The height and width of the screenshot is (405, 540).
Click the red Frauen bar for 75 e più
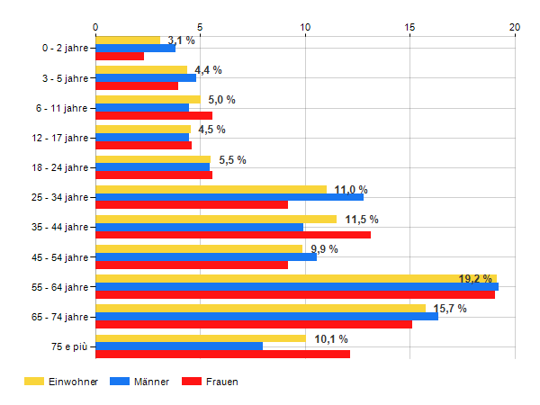[222, 354]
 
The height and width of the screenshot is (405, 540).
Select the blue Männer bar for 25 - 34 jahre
[229, 196]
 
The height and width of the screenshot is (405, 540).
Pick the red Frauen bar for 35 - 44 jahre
[233, 235]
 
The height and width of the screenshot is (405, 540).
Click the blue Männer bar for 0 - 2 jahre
[135, 48]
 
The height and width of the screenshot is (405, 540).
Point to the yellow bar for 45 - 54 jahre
[199, 248]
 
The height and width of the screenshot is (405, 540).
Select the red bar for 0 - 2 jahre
[120, 56]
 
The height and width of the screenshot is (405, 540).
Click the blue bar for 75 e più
[179, 346]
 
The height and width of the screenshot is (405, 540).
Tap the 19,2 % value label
[475, 279]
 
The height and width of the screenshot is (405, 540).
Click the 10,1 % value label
[331, 338]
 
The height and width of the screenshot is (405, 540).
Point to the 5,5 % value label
[232, 160]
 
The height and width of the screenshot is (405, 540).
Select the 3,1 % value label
[181, 40]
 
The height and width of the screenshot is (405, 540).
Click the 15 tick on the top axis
[409, 28]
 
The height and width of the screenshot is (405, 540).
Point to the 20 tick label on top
[515, 28]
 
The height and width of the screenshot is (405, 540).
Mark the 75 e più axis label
[69, 346]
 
